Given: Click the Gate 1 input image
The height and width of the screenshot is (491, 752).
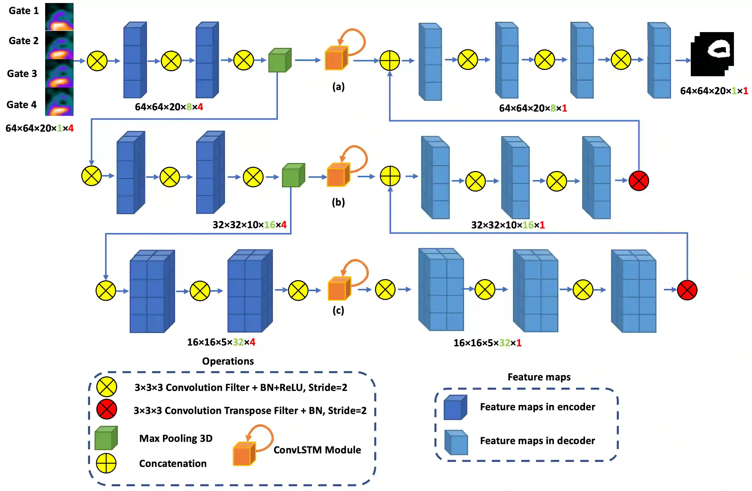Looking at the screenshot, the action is (59, 17).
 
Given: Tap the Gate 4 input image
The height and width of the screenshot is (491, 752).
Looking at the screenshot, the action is (59, 102).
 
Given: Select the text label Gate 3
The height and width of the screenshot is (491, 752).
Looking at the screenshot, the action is (22, 74).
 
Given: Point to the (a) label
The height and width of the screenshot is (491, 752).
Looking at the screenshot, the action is (338, 87).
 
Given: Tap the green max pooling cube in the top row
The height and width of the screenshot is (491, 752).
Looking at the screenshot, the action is (280, 60).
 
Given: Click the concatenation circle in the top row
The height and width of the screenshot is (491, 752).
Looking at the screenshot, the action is (390, 60).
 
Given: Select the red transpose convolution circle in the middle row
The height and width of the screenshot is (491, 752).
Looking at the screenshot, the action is (639, 181).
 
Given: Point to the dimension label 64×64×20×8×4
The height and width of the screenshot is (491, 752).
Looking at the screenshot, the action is (169, 107).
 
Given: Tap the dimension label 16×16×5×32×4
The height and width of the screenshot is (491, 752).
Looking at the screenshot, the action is (221, 342).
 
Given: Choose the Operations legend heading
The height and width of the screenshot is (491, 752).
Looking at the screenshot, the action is (228, 361).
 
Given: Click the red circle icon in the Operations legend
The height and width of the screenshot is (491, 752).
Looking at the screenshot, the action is (107, 409).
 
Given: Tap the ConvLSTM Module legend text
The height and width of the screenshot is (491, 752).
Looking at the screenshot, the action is (317, 450).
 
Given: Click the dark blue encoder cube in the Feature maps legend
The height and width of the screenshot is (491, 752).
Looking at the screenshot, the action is (455, 407).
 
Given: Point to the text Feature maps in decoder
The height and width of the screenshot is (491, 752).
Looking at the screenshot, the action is (538, 440).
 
